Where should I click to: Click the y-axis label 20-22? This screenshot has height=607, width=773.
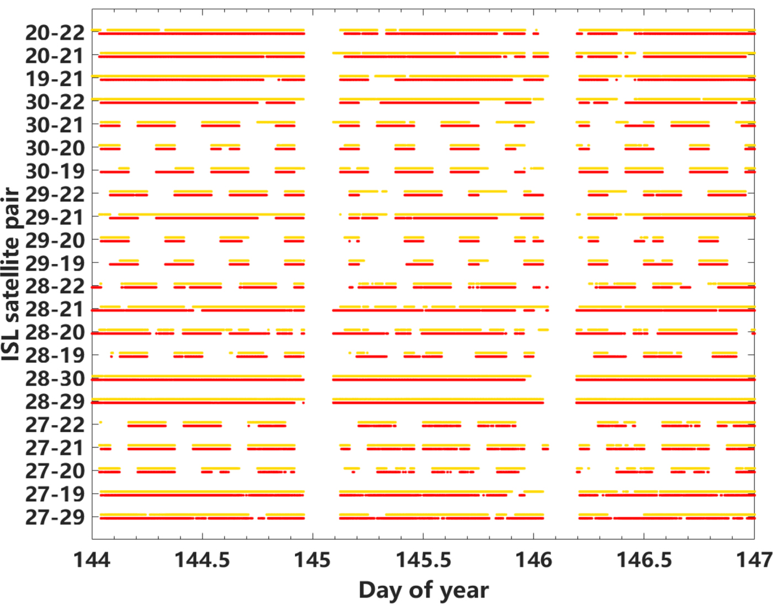coord(55,33)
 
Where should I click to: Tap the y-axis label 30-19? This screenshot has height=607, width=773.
coord(55,171)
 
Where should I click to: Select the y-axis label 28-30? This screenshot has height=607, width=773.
coord(55,379)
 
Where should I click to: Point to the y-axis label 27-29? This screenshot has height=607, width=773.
coord(55,517)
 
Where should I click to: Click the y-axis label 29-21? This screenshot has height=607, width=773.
coord(55,217)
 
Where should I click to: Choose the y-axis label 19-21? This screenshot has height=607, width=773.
coord(55,79)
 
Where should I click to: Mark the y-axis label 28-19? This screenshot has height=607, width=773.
coord(55,355)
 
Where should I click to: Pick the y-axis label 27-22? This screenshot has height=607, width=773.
coord(55,425)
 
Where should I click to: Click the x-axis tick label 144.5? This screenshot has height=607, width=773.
coord(202,560)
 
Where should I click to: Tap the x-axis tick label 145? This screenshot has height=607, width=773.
coord(313,560)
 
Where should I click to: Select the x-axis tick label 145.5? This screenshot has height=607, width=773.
coord(423,560)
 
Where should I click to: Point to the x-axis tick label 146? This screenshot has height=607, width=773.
coord(533,560)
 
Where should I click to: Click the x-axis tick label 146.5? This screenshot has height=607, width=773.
coord(644,560)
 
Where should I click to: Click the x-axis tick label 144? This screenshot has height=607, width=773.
coord(92,560)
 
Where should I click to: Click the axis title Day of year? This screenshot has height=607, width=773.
coord(423,590)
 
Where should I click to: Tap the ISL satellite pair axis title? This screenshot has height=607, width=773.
coord(11,274)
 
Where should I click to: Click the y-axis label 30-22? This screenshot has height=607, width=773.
coord(55,102)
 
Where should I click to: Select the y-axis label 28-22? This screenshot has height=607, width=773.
coord(55,286)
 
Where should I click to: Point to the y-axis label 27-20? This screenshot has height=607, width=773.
coord(55,471)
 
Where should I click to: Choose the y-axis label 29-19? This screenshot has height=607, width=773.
coord(55,263)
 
